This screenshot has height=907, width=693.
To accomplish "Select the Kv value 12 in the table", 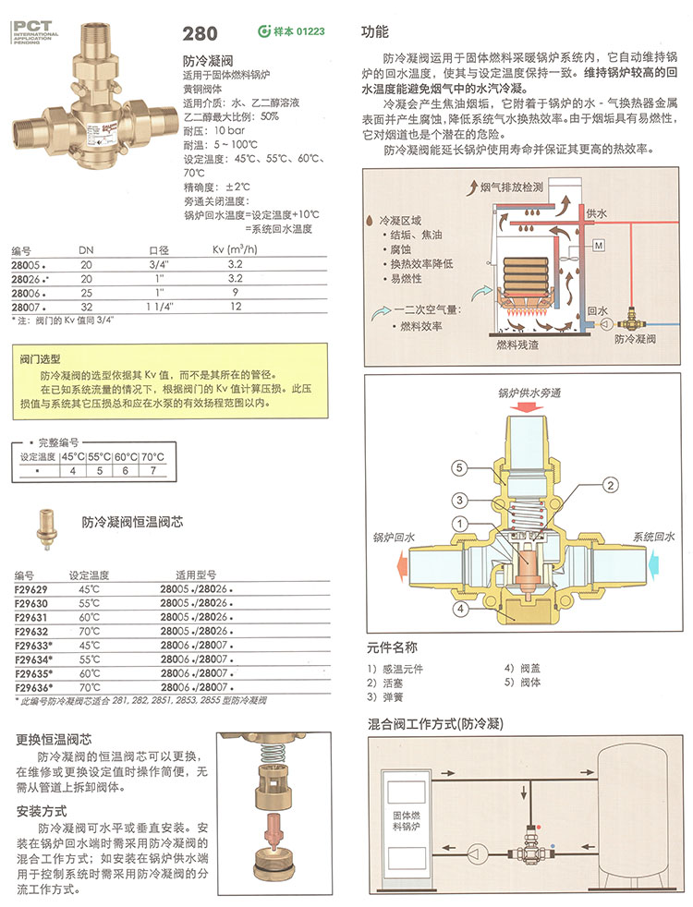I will click(235, 305).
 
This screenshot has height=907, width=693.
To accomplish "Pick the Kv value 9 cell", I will click(235, 291).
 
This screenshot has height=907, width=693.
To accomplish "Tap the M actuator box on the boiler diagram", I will click(598, 245).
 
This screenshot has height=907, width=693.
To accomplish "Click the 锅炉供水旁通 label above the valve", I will click(529, 393).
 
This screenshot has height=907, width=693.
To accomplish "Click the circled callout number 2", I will click(609, 484).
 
